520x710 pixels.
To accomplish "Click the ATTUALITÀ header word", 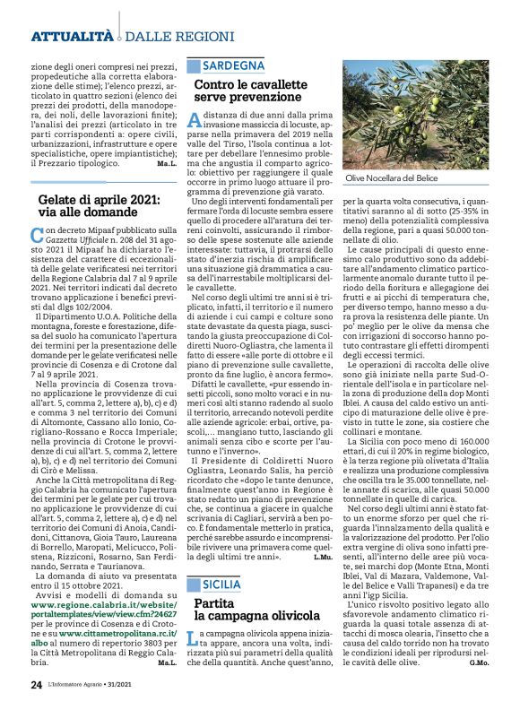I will click(x=72, y=36).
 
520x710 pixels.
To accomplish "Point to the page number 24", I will click(x=37, y=684).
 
